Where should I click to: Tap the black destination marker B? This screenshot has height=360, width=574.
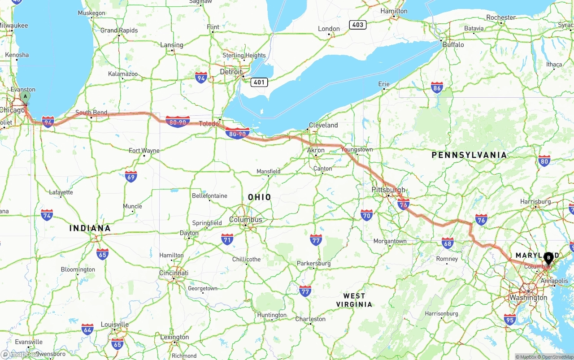[x=548, y=258]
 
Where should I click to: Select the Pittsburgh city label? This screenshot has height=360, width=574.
[x=388, y=190]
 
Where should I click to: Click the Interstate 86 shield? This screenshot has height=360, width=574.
[x=437, y=87]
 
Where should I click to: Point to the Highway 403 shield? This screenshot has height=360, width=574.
[x=357, y=25]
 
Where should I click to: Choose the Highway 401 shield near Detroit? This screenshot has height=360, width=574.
[x=260, y=82]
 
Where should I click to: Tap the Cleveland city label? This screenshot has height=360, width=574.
[x=323, y=125]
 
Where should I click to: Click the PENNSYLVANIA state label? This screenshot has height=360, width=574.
[x=469, y=155]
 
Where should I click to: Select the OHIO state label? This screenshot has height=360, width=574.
[x=259, y=197]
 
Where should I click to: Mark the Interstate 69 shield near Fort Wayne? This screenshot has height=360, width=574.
[x=131, y=176]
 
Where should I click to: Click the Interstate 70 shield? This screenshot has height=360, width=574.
[x=366, y=215]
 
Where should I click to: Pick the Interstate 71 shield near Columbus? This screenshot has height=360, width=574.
[x=227, y=239]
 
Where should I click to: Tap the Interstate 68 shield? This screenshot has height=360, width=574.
[x=447, y=243]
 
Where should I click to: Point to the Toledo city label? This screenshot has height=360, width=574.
[x=209, y=124]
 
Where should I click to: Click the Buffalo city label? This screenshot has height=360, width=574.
[x=453, y=45]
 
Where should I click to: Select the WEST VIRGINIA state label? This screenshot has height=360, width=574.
[x=354, y=300]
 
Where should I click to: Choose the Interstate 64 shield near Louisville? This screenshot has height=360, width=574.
[x=87, y=330]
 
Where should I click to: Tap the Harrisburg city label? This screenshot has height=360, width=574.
[x=535, y=202]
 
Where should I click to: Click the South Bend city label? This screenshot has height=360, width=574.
[x=91, y=113]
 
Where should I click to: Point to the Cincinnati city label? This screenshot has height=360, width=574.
[x=174, y=273]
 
